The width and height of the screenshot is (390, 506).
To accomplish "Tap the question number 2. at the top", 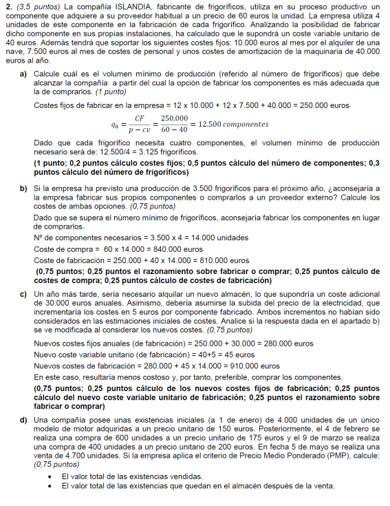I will [8, 6].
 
